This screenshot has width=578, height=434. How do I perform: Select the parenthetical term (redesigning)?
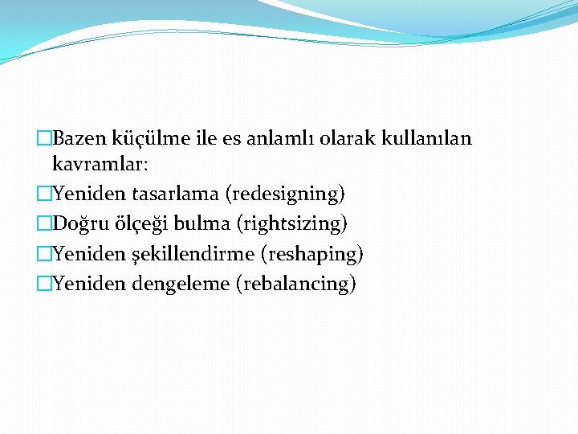(286, 194)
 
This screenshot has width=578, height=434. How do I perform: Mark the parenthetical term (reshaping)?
(312, 255)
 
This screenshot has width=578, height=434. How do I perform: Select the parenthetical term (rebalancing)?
(295, 285)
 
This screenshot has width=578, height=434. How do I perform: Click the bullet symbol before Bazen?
(44, 140)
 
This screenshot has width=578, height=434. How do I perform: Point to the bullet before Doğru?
(44, 224)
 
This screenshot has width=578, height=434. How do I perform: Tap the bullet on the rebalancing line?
(44, 285)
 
